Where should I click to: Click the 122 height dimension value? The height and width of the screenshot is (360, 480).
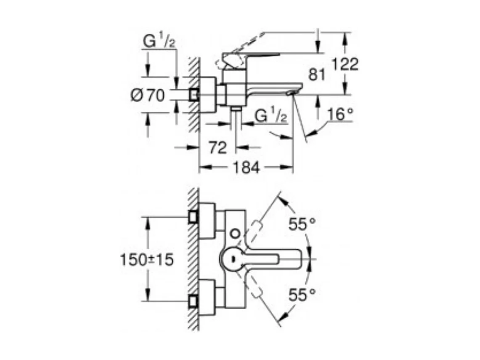(345, 64)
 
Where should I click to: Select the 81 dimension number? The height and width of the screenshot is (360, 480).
(317, 75)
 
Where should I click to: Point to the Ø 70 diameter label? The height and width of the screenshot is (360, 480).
(148, 96)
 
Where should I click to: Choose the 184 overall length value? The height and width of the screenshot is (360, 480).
(246, 167)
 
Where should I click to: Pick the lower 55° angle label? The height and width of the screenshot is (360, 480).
(302, 295)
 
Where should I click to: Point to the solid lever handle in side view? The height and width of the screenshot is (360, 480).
(252, 56)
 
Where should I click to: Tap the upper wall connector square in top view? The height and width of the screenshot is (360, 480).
(194, 217)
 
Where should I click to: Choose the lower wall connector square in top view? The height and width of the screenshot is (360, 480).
(194, 301)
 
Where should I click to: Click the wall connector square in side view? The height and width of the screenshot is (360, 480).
(194, 94)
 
